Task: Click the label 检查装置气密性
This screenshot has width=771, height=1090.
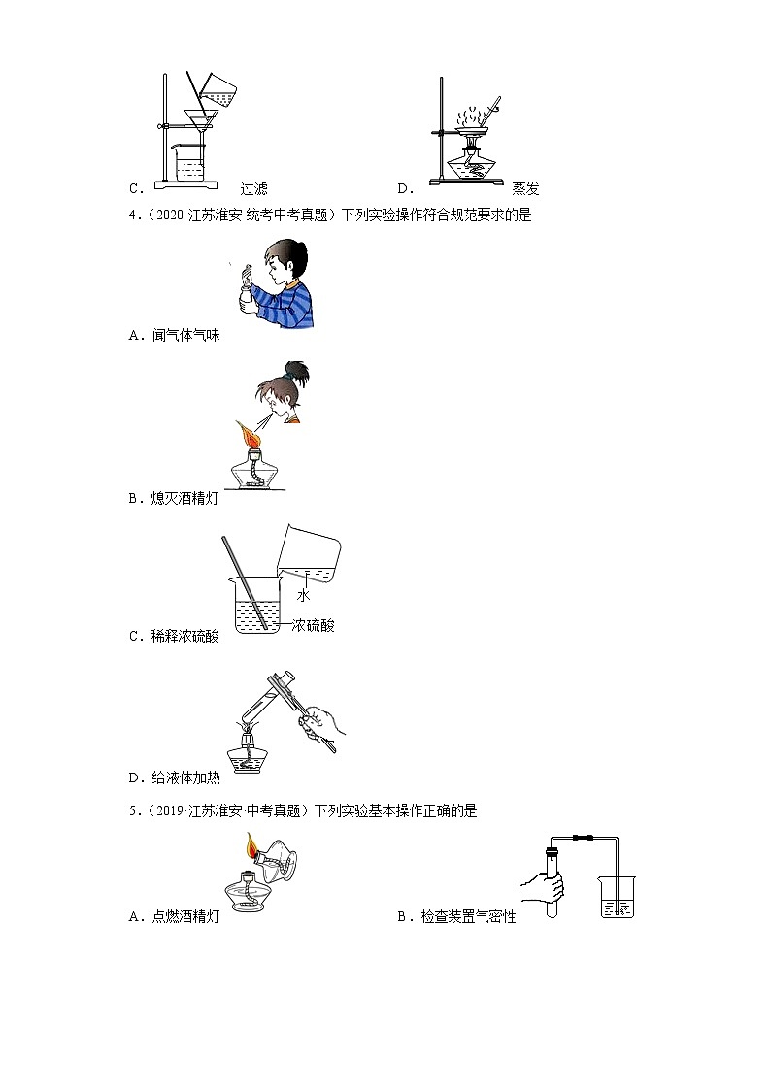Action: [x=469, y=915]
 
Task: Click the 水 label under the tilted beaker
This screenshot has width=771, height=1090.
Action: [x=303, y=596]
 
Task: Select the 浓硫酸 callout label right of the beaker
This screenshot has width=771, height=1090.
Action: [x=313, y=626]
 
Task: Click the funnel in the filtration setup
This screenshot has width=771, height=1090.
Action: [x=201, y=123]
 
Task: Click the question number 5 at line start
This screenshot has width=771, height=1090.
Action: [x=132, y=810]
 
